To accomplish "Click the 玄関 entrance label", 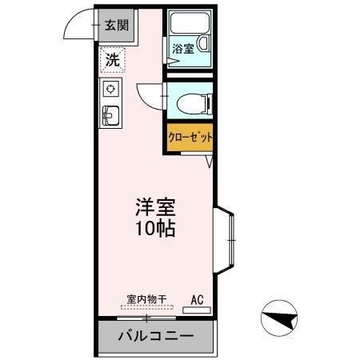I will (x=117, y=25).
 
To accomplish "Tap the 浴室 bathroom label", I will (x=183, y=49).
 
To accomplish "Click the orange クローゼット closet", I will (x=190, y=137).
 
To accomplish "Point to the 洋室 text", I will (x=155, y=206).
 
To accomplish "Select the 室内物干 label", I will (x=146, y=300).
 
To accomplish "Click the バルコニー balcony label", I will (x=156, y=336).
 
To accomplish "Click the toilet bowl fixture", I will (x=190, y=102).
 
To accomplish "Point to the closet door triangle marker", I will (x=209, y=162).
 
